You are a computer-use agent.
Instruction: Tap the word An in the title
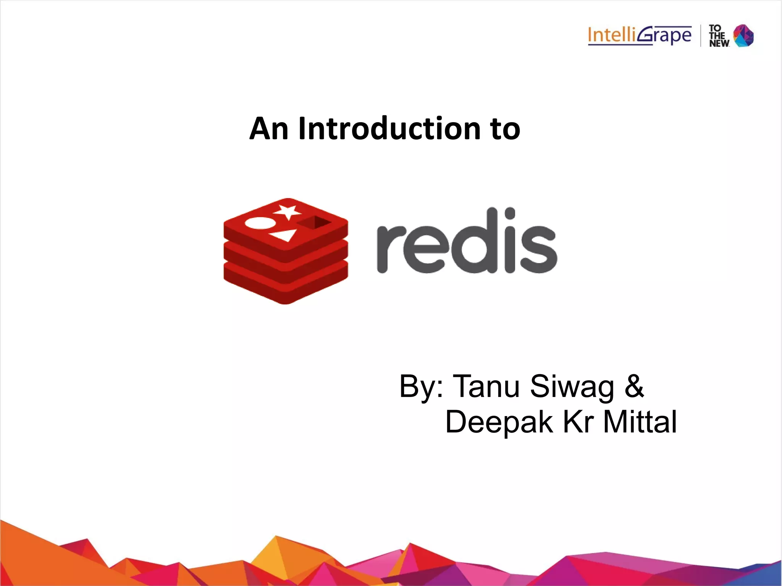(268, 129)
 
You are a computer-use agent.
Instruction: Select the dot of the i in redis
(510, 212)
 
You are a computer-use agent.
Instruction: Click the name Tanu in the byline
(486, 386)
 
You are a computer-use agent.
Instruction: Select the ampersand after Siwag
(634, 386)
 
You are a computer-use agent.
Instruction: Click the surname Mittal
(640, 422)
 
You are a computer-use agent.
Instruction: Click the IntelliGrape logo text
(640, 36)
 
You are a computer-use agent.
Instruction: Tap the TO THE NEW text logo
(719, 36)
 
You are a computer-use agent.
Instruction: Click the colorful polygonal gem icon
(744, 36)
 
